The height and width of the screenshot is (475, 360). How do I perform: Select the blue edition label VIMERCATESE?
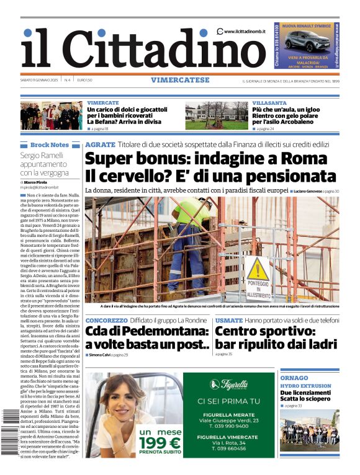pyautogui.click(x=179, y=80)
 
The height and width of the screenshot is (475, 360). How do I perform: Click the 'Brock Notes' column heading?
pyautogui.click(x=49, y=144)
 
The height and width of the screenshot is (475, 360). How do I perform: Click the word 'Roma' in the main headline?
pyautogui.click(x=308, y=158)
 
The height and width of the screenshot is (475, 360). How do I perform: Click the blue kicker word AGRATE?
pyautogui.click(x=100, y=144)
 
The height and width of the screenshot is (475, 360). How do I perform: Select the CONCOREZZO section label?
pyautogui.click(x=106, y=321)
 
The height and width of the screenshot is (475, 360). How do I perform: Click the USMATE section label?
pyautogui.click(x=228, y=321)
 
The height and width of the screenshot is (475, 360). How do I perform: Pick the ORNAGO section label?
pyautogui.click(x=294, y=378)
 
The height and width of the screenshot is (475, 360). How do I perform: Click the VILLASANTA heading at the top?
pyautogui.click(x=269, y=103)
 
